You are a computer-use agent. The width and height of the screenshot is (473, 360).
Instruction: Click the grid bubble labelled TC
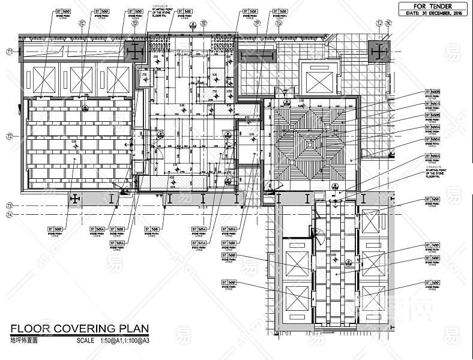click(83, 23)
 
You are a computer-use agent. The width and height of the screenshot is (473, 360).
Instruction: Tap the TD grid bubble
click(134, 23)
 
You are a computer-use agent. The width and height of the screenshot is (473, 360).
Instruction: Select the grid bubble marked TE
click(203, 23)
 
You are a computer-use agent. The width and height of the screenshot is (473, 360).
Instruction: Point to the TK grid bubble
click(388, 23)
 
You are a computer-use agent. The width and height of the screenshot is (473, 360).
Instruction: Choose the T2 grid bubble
click(10, 137)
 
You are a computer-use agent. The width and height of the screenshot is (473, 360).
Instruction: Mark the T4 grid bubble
click(10, 215)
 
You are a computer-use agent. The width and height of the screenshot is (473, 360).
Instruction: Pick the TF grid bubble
click(257, 23)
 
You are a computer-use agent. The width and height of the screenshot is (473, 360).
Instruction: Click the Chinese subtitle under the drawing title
click(24, 340)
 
